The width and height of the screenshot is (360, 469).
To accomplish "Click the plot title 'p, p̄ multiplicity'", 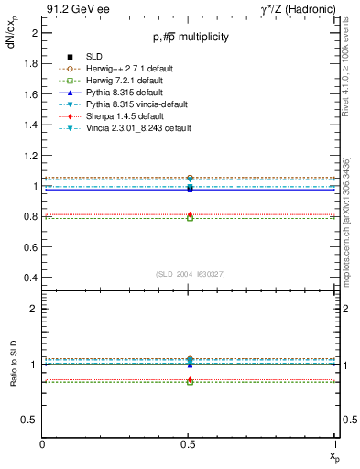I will (x=191, y=37).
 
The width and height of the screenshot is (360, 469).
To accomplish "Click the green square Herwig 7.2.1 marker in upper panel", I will (x=190, y=218).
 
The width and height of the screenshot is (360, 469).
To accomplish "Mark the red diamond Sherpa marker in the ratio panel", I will (x=190, y=379).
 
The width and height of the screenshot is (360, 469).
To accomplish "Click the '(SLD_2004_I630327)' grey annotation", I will (x=190, y=274).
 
